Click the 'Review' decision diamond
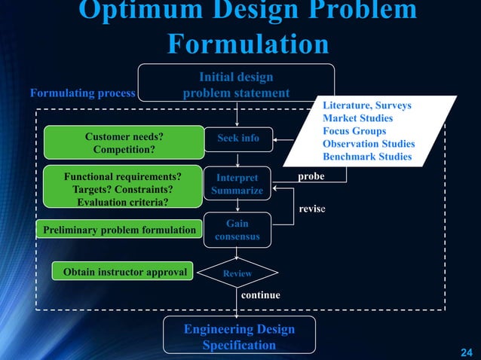click(x=237, y=274)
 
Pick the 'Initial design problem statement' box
click(x=236, y=85)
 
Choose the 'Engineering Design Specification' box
click(x=239, y=337)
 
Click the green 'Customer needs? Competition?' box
click(x=124, y=143)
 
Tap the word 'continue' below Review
click(x=260, y=295)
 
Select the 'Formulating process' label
click(x=82, y=94)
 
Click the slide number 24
click(x=467, y=352)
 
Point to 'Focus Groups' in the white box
click(x=354, y=131)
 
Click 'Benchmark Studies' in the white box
click(x=366, y=157)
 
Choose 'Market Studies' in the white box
click(x=357, y=118)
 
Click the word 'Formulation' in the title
click(x=247, y=44)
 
